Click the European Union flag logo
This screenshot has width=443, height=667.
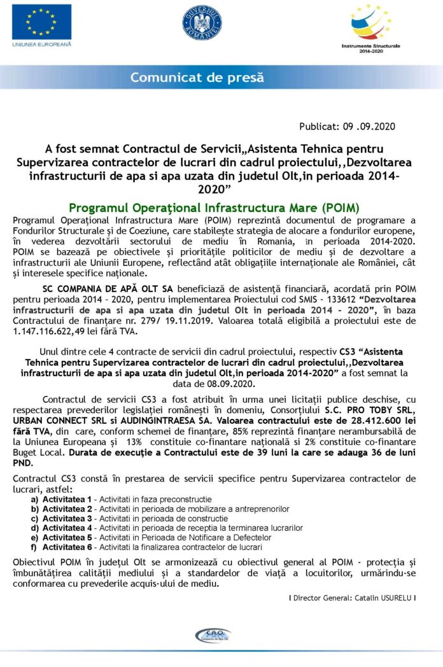click(41, 22)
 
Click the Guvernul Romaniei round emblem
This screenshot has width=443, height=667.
click(202, 23)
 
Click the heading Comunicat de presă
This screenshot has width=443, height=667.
click(197, 78)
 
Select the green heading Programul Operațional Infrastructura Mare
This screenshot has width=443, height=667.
click(214, 207)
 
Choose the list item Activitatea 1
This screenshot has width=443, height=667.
click(71, 499)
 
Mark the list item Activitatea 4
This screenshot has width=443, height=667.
click(71, 528)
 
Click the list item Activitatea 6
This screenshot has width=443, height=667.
click(71, 547)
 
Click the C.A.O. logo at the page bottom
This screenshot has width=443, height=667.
click(213, 635)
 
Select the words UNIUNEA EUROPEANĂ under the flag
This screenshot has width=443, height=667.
click(41, 44)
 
